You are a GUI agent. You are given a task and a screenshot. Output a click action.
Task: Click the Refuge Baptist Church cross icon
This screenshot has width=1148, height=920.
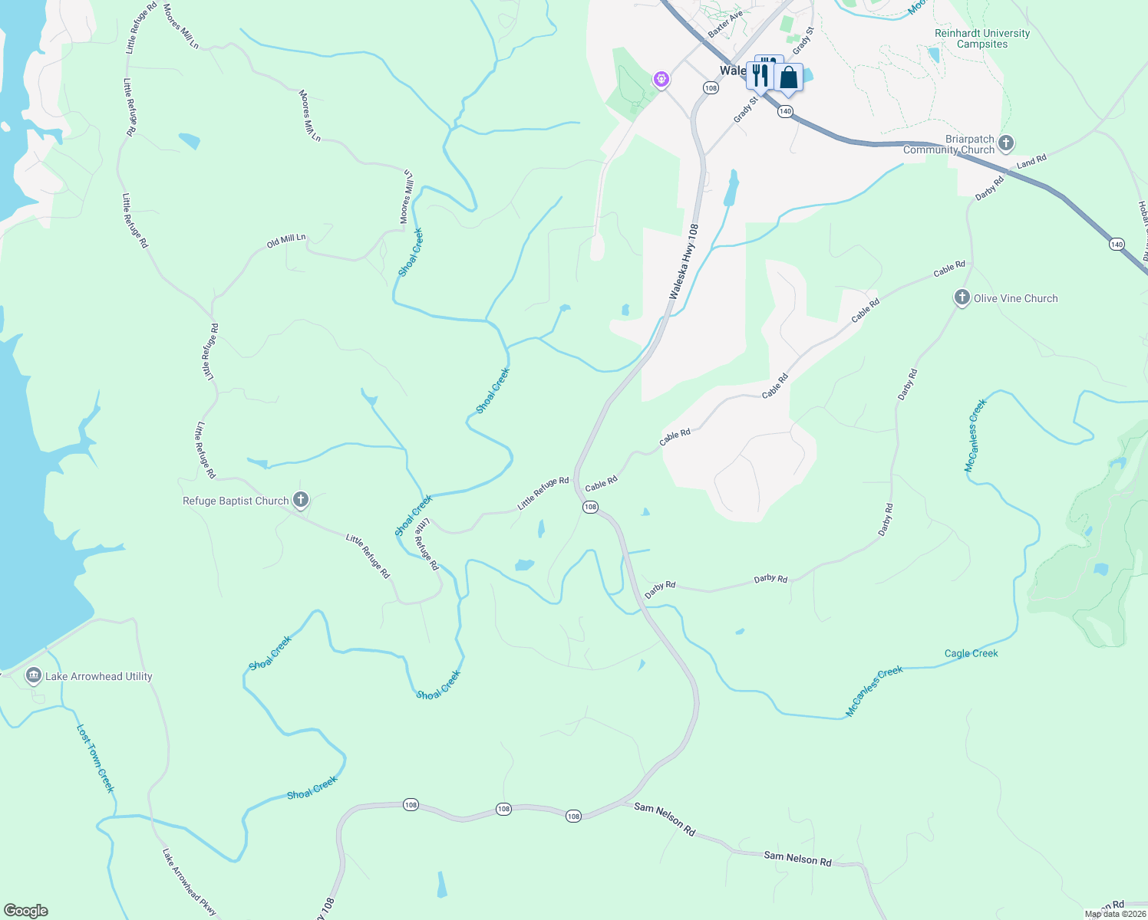point(301,500)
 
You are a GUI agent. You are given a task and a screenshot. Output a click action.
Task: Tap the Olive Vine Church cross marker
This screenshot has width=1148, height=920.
point(962,297)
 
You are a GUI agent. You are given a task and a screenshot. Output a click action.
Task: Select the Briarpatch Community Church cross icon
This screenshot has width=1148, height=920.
point(1006,143)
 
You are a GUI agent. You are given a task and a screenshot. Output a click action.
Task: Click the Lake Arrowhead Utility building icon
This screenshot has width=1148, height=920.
point(33,675)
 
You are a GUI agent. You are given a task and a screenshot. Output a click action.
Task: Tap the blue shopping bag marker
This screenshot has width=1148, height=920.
point(788,77)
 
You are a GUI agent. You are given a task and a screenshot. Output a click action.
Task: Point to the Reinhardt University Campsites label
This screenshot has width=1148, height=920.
point(982,38)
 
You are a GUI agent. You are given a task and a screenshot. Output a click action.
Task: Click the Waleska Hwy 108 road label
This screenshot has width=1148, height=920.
point(683,262)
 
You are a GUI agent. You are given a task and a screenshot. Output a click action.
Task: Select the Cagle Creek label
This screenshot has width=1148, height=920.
point(971,653)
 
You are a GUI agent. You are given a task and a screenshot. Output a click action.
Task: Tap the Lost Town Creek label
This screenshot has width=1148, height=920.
point(95,758)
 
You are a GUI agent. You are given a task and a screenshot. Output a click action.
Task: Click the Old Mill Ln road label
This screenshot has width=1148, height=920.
point(286,241)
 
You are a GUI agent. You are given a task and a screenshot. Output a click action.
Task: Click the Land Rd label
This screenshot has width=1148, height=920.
point(1031,162)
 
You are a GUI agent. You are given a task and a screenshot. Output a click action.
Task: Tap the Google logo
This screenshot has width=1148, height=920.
point(26,911)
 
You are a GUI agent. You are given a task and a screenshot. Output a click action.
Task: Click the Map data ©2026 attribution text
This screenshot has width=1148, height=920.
point(1115,914)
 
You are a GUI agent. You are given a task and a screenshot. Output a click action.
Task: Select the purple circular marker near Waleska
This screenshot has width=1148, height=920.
point(661,79)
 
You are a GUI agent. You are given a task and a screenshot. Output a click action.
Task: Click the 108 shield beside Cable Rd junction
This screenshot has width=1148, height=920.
point(589,507)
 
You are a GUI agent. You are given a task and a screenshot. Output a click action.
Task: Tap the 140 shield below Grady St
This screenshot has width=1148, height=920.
point(784,111)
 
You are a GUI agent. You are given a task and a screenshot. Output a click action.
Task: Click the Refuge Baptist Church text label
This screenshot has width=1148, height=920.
point(236,501)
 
